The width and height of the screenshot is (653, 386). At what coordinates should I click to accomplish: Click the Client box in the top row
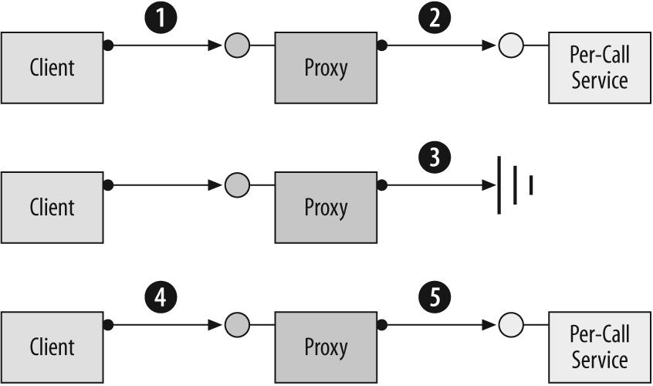(x=52, y=68)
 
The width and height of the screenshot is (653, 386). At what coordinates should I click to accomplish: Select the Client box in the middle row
(x=52, y=207)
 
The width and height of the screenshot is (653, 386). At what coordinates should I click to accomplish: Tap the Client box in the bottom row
(x=52, y=346)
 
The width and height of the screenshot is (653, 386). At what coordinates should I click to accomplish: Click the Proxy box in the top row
(x=326, y=68)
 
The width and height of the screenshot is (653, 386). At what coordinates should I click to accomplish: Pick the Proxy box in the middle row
(x=326, y=207)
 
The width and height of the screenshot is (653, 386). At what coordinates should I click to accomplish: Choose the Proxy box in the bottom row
(x=326, y=346)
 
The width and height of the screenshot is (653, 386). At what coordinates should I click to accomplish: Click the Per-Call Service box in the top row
(x=600, y=68)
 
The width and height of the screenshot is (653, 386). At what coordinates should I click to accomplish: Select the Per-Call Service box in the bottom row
(x=600, y=346)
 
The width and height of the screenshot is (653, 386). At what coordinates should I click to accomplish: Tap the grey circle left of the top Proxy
(x=236, y=46)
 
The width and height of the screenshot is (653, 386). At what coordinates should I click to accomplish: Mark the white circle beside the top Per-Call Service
(x=510, y=46)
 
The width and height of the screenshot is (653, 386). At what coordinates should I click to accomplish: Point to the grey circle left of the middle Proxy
(x=236, y=185)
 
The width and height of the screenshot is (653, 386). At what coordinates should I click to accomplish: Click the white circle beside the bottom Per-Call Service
(x=510, y=324)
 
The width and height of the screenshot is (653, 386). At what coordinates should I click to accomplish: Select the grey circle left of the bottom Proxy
(x=236, y=324)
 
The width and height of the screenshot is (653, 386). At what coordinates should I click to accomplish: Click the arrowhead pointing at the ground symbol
(x=489, y=185)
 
